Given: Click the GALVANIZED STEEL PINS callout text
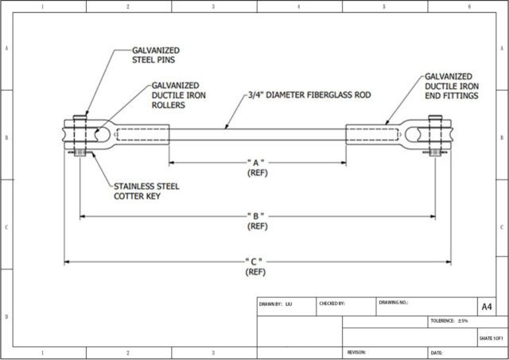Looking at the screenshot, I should [x=156, y=53].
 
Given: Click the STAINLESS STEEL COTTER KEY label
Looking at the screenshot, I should [x=148, y=192].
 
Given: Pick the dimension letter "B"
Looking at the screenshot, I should [x=258, y=216].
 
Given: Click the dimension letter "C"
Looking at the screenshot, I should [x=258, y=261].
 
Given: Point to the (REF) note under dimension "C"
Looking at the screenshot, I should [x=258, y=272].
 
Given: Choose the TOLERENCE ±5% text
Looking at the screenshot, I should [x=449, y=320].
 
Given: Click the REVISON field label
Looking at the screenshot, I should [x=356, y=351].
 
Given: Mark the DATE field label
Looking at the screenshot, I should [x=437, y=351].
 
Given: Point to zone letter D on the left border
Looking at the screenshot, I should [x=7, y=316].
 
